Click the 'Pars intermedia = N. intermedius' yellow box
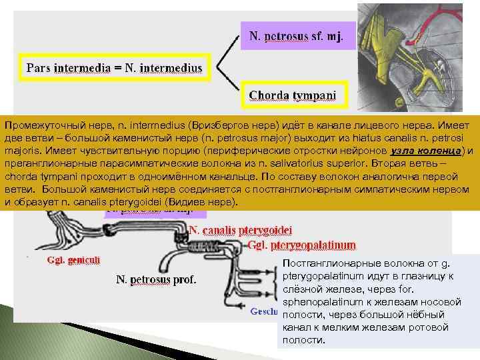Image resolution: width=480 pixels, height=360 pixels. click(x=114, y=67)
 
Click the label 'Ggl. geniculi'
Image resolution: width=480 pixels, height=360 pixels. click(x=73, y=260)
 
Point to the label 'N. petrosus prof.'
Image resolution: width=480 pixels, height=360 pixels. click(x=156, y=279)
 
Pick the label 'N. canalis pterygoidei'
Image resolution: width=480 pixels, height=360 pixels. click(x=241, y=229)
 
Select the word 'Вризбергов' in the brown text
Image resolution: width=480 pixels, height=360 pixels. click(x=217, y=125)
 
